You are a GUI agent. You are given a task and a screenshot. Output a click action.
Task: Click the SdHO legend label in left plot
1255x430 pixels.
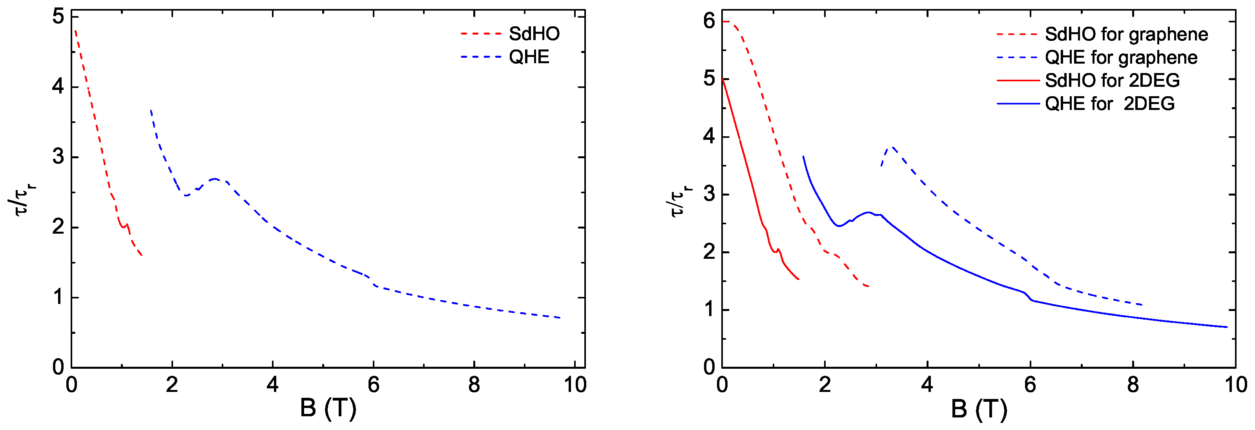(x=534, y=34)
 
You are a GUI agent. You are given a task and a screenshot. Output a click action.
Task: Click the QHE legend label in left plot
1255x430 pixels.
(x=529, y=57)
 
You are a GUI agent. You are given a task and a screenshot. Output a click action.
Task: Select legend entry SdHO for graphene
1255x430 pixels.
(x=1126, y=34)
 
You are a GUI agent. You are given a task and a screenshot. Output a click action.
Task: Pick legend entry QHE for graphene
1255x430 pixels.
(x=1120, y=57)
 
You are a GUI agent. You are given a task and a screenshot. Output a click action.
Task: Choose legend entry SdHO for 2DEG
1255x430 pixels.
(x=1112, y=80)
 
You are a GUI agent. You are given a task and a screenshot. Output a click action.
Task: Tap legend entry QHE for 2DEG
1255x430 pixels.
(x=1109, y=103)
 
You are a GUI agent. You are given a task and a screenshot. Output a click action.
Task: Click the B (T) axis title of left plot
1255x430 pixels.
(x=328, y=408)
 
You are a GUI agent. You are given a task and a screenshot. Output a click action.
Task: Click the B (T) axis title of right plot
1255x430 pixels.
(x=979, y=408)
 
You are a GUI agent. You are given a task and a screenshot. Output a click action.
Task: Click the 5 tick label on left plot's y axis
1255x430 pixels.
(x=58, y=17)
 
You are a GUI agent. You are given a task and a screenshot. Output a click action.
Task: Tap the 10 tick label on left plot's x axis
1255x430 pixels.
(x=575, y=385)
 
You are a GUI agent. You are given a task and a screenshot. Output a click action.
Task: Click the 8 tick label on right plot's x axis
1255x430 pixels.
(x=1133, y=385)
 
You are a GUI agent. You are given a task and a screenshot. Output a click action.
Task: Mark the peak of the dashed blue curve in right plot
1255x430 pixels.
(x=892, y=147)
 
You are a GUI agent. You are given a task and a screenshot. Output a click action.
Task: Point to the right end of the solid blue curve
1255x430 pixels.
(x=1226, y=327)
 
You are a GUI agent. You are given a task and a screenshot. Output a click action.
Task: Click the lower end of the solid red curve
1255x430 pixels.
(x=798, y=279)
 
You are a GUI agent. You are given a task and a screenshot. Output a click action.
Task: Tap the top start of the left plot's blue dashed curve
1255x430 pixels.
(x=151, y=110)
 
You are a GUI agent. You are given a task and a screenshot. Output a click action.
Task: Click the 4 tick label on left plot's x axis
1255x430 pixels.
(x=272, y=385)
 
